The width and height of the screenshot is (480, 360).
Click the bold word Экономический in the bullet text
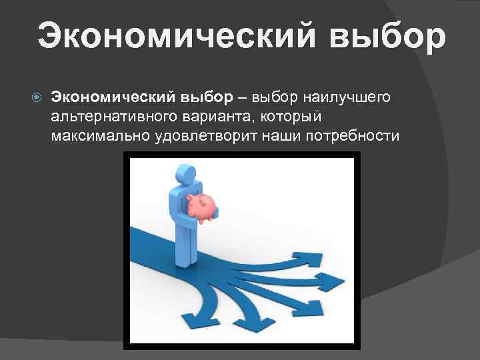[x=113, y=97]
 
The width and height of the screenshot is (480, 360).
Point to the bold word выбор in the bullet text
[x=205, y=97]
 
